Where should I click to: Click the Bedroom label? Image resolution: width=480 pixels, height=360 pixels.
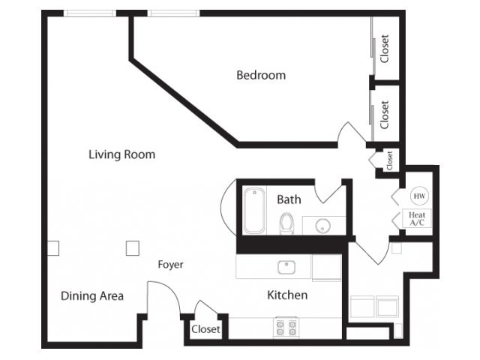tap(261, 75)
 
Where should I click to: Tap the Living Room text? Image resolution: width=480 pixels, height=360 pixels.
tap(121, 154)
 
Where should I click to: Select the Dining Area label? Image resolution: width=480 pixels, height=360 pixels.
tap(92, 295)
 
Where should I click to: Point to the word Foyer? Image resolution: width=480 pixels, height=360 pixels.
tap(170, 265)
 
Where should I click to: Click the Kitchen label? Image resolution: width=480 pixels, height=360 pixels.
tap(287, 295)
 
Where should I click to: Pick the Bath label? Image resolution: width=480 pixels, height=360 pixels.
tap(289, 199)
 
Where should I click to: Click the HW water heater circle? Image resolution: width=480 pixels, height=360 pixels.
tap(418, 196)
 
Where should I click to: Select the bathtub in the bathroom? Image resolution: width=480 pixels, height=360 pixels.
tap(253, 211)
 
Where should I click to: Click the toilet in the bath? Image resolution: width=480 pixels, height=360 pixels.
tap(286, 223)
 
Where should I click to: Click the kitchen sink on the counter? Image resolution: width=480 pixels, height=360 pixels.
tap(286, 267)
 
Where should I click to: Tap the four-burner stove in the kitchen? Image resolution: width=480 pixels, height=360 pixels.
tap(286, 327)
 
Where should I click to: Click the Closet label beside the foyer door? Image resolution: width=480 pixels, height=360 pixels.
tap(205, 329)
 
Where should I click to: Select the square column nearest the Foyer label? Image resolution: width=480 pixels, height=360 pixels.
tap(132, 247)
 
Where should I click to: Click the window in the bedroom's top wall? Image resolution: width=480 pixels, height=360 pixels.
tap(173, 13)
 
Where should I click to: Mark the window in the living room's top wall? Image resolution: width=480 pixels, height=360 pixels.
tap(89, 13)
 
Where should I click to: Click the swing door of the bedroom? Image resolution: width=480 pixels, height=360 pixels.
tap(351, 136)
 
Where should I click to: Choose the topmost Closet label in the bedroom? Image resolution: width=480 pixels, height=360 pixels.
tap(385, 49)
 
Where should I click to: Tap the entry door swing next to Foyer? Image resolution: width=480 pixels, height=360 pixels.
tap(162, 297)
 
